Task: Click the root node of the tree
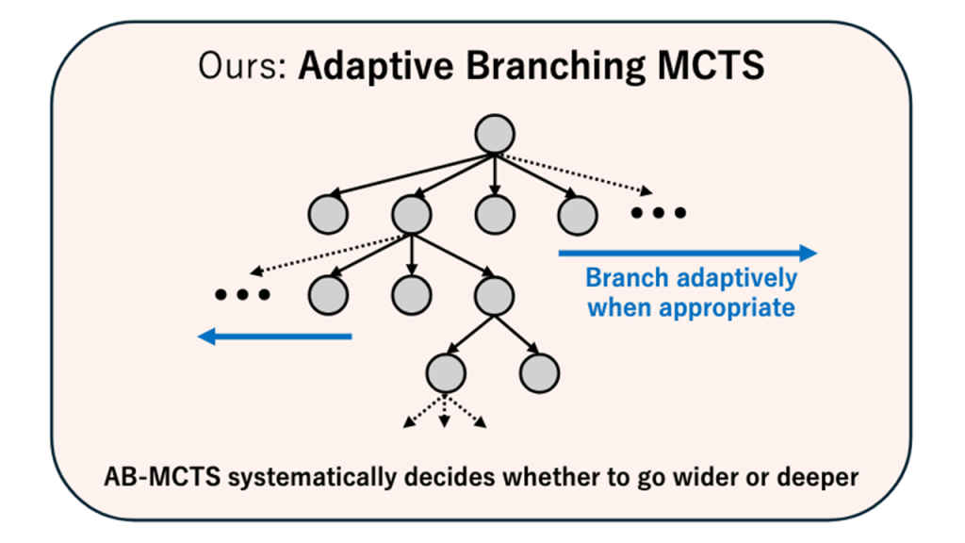pyautogui.click(x=495, y=133)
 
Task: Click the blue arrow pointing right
pyautogui.click(x=687, y=253)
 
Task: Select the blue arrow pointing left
pyautogui.click(x=274, y=336)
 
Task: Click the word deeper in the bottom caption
pyautogui.click(x=817, y=477)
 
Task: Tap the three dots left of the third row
pyautogui.click(x=242, y=296)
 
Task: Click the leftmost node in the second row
pyautogui.click(x=328, y=215)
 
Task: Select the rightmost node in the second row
pyautogui.click(x=577, y=215)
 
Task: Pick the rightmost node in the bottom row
pyautogui.click(x=539, y=373)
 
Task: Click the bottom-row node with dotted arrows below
pyautogui.click(x=446, y=373)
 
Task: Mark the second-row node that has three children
pyautogui.click(x=411, y=215)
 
